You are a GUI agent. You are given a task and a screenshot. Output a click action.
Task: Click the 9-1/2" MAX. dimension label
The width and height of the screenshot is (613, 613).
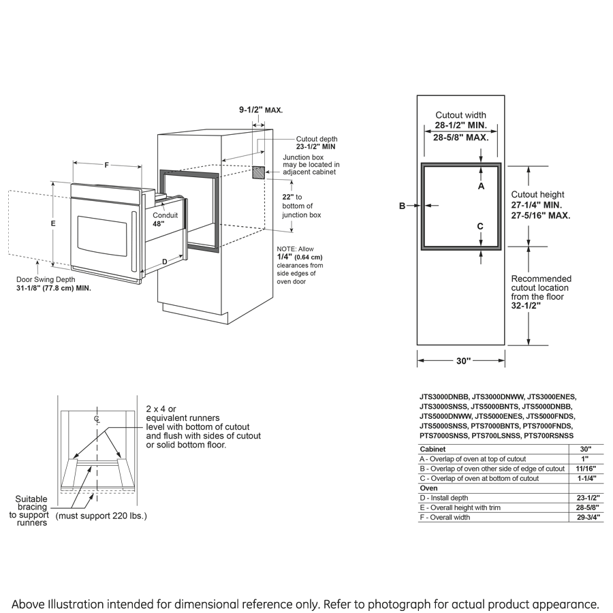pos(260,110)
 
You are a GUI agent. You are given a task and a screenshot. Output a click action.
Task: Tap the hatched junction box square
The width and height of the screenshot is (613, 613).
pos(259,172)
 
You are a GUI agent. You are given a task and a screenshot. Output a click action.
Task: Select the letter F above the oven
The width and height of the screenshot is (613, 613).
pos(106,164)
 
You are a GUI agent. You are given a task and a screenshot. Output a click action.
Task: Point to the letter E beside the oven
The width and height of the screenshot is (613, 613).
pos(53,223)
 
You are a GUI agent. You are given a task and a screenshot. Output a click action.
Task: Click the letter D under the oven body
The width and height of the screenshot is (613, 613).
pos(164,261)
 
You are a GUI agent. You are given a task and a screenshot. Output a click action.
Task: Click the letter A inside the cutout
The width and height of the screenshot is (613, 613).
pos(481,185)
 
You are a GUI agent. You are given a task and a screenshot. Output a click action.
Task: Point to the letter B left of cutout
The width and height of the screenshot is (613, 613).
pos(403,206)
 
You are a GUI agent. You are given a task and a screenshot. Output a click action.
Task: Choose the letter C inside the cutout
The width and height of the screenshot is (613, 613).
pos(480,226)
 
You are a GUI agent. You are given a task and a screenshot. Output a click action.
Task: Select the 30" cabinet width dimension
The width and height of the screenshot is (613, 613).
pos(463,361)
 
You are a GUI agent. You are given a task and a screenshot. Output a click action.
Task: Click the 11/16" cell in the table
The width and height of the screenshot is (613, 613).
pos(581,469)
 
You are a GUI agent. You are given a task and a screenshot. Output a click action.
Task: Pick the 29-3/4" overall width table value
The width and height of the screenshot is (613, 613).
pos(581,517)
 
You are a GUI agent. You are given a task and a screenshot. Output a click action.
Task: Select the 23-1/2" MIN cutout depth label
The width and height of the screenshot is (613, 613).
pos(315,146)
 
